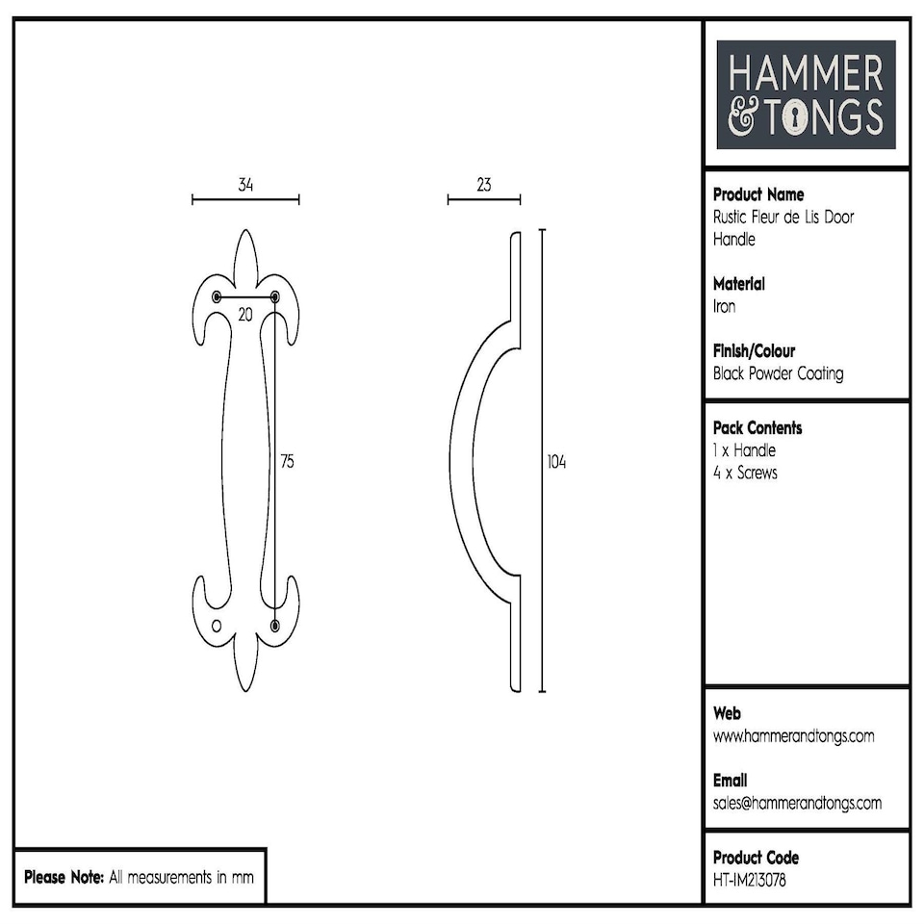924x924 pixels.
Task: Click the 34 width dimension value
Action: click(x=245, y=185)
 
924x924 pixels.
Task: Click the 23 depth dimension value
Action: click(x=483, y=185)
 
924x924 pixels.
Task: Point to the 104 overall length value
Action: click(x=556, y=462)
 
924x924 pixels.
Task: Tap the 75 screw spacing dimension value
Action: click(x=286, y=462)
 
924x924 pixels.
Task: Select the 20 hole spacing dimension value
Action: click(x=245, y=315)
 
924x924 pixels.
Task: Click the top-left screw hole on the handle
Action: click(x=217, y=296)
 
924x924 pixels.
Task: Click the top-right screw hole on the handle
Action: click(x=275, y=296)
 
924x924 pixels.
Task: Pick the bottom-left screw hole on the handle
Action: click(x=217, y=627)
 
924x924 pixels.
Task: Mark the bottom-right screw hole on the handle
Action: click(x=275, y=627)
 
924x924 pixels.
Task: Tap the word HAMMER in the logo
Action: click(x=806, y=75)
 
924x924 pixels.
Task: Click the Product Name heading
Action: click(x=758, y=194)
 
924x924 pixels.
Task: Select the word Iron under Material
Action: click(x=724, y=306)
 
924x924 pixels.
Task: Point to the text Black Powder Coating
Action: click(x=778, y=373)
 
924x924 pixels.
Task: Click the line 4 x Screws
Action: click(x=745, y=473)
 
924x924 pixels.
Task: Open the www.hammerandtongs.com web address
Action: click(x=793, y=736)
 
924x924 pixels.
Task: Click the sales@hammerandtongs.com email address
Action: click(x=797, y=803)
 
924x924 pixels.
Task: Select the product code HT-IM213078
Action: click(x=750, y=879)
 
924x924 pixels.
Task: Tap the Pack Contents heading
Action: click(x=757, y=427)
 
